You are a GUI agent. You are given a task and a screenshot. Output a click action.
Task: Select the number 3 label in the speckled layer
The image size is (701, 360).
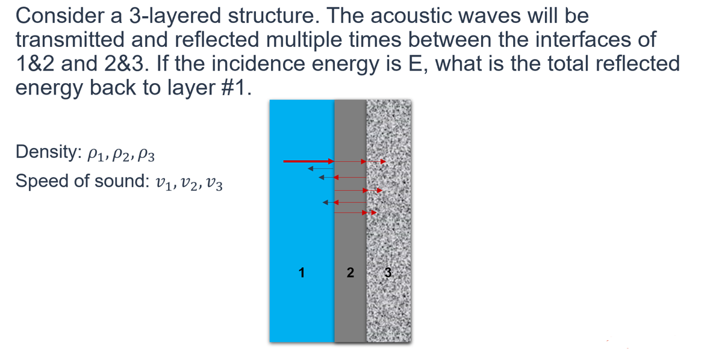click(388, 273)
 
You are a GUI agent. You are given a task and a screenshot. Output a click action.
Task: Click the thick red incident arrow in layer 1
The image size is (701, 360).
click(308, 161)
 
